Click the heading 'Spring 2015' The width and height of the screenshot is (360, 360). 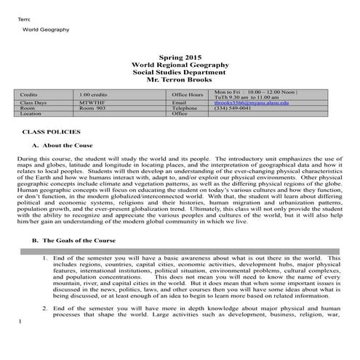click(179, 57)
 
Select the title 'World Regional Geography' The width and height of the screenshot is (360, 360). click(179, 65)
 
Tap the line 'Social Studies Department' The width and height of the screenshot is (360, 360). click(179, 73)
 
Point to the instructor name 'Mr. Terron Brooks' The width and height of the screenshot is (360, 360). click(179, 81)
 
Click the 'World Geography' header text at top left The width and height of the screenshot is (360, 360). click(45, 30)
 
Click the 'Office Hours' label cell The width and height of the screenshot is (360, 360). click(188, 95)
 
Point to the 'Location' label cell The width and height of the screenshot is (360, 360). click(31, 113)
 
